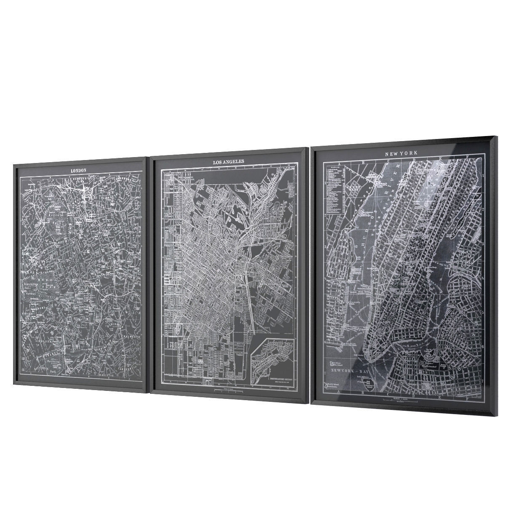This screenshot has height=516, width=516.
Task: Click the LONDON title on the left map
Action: [x=78, y=170]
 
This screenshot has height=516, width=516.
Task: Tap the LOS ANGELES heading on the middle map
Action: [x=228, y=161]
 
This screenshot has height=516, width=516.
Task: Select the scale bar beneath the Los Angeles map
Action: [x=229, y=391]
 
